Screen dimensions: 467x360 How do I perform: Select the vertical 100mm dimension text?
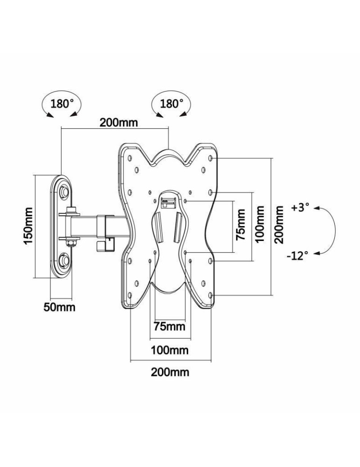pos(260,225)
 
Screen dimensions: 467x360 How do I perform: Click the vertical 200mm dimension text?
pos(279,225)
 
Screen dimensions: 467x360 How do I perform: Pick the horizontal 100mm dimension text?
pos(169,350)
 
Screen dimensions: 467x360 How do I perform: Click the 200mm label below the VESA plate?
pos(169,372)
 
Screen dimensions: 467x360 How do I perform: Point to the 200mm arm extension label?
pos(118,123)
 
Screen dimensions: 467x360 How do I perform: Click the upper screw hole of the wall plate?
pos(64,191)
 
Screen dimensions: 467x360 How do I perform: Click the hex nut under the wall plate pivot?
pos(71,242)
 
